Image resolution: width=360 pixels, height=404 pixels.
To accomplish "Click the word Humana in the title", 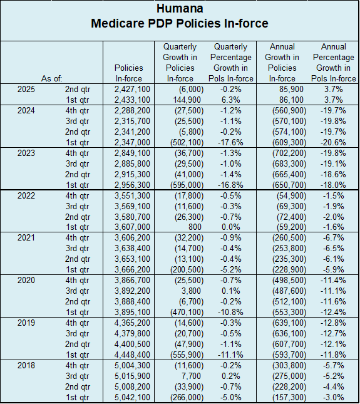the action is (180, 8).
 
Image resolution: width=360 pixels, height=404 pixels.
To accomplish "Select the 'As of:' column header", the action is (52, 78).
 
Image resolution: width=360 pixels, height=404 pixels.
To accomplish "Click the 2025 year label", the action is (26, 89).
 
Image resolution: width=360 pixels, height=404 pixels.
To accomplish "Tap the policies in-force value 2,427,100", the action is (132, 89).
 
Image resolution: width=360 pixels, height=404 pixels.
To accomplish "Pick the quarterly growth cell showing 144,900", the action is (187, 100).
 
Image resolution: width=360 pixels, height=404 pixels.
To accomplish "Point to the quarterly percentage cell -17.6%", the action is (230, 142).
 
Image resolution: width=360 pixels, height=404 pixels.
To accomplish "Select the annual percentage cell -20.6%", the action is (333, 142).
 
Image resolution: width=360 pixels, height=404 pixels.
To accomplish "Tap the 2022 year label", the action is (26, 195).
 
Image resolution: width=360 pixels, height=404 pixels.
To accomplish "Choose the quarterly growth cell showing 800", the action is (195, 227).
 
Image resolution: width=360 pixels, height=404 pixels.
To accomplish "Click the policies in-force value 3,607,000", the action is (132, 227).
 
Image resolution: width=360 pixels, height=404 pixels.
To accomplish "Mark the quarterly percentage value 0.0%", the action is (231, 227).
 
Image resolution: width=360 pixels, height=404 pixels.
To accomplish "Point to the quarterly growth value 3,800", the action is (191, 291).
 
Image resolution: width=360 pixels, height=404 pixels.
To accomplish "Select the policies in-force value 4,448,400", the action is (132, 355).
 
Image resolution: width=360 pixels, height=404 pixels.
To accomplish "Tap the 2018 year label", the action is (26, 365).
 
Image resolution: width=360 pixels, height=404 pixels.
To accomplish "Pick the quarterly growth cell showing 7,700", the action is (191, 376).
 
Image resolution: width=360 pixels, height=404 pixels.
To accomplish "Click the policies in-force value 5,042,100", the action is (132, 397).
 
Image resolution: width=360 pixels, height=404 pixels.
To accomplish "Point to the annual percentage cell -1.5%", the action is (334, 195).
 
